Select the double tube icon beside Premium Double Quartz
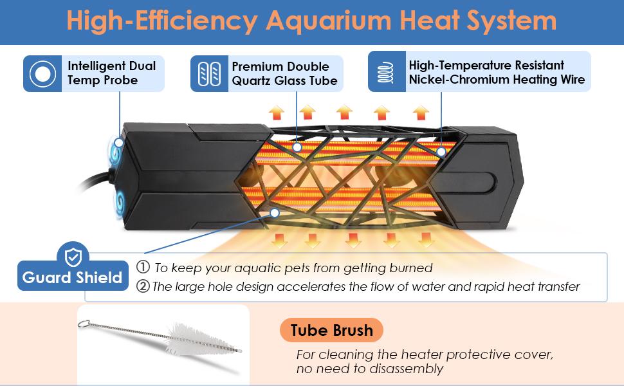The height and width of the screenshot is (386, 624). (x=210, y=73)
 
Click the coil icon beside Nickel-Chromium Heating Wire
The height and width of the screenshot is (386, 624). (x=386, y=71)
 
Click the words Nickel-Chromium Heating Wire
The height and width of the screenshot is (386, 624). (x=497, y=80)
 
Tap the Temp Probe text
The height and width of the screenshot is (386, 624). (x=102, y=81)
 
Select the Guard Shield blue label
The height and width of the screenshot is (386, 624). (x=71, y=278)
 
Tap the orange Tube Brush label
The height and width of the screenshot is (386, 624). (x=331, y=331)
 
